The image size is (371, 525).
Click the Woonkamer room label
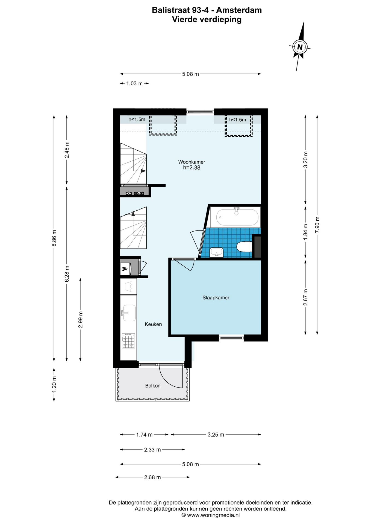pyautogui.click(x=192, y=162)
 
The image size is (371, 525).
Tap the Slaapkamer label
pyautogui.click(x=216, y=297)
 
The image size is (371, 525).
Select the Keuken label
pyautogui.click(x=153, y=324)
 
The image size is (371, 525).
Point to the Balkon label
pyautogui.click(x=153, y=386)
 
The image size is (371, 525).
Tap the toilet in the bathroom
pyautogui.click(x=244, y=247)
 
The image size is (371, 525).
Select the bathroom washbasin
pyautogui.click(x=216, y=252)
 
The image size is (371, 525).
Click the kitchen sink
pyautogui.click(x=129, y=313)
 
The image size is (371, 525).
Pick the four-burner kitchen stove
pyautogui.click(x=128, y=340)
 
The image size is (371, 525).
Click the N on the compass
pyautogui.click(x=300, y=47)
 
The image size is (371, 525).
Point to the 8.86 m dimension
pyautogui.click(x=54, y=238)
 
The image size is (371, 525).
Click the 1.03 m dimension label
pyautogui.click(x=134, y=83)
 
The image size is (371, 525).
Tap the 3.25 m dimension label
pyautogui.click(x=216, y=434)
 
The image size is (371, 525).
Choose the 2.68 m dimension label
pyautogui.click(x=152, y=477)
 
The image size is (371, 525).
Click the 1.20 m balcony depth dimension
pyautogui.click(x=54, y=384)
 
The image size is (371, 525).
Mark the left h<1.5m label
pyautogui.click(x=137, y=119)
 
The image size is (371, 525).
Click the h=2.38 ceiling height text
pyautogui.click(x=192, y=168)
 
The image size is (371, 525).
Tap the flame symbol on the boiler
pyautogui.click(x=125, y=269)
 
